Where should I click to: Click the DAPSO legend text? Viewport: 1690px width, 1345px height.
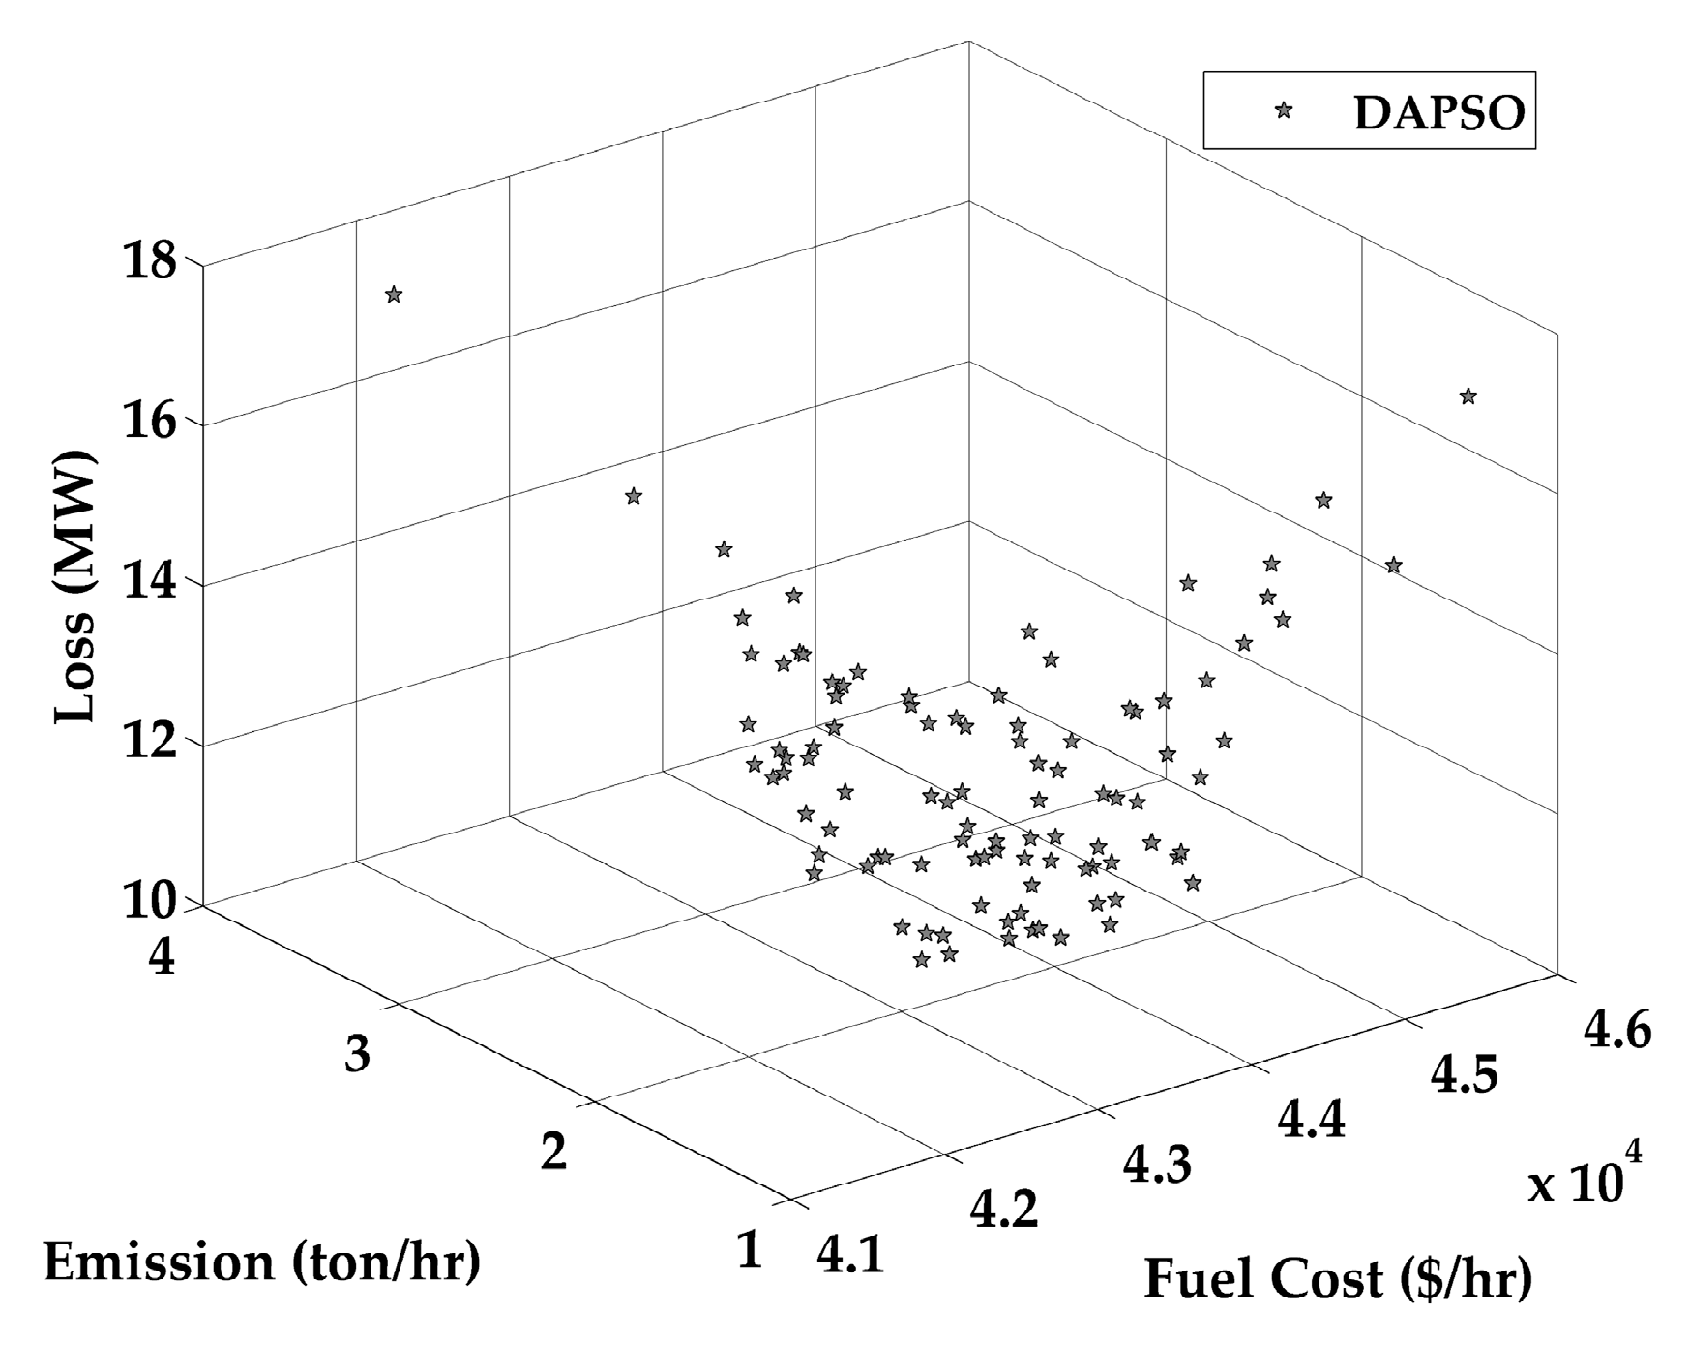coord(1438,113)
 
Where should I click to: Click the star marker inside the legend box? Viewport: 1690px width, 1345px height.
coord(1284,111)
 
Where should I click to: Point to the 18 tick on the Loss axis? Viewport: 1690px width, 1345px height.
coord(149,262)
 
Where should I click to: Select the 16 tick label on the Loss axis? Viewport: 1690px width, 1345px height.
coord(149,423)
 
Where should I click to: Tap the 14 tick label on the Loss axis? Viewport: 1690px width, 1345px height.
coord(149,583)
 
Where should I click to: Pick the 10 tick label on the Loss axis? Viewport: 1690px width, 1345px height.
coord(149,902)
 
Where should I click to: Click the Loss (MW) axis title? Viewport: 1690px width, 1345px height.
coord(75,587)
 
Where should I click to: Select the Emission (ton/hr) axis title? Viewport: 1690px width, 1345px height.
coord(261,1263)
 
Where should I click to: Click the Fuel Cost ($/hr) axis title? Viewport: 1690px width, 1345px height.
coord(1339,1279)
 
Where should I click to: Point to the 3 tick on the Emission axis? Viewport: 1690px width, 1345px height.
coord(357,1054)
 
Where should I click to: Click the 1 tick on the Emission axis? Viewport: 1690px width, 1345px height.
coord(750,1251)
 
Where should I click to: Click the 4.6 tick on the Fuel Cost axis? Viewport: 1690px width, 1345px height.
coord(1617,1032)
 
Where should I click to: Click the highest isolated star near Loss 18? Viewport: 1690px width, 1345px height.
coord(393,295)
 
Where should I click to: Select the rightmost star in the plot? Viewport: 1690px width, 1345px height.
coord(1468,396)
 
